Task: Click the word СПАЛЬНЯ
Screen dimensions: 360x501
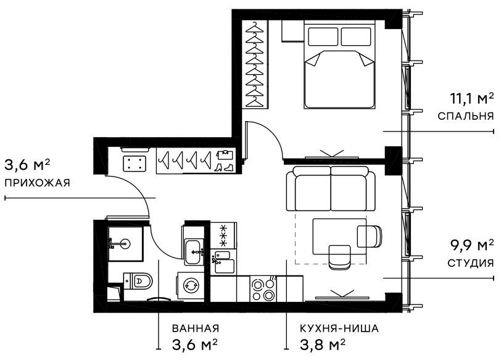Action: [x=465, y=116]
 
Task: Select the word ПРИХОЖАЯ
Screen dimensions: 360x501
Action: [x=36, y=183]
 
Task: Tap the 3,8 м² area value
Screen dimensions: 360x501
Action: [x=321, y=343]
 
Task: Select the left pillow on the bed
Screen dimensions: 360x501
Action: [x=322, y=37]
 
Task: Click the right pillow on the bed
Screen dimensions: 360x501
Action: [x=357, y=37]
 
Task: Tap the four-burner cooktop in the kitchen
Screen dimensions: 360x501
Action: [x=265, y=288]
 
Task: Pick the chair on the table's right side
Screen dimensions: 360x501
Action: [x=368, y=236]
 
